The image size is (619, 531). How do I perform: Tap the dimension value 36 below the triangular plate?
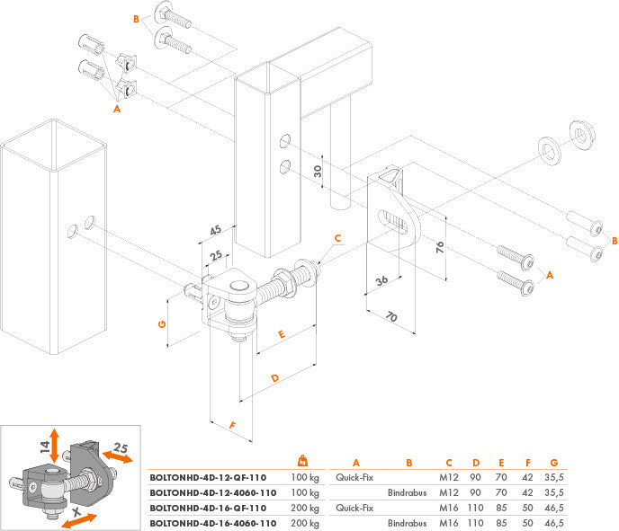(382, 281)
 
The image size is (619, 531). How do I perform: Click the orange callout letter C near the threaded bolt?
(337, 239)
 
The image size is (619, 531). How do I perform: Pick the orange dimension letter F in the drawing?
(231, 424)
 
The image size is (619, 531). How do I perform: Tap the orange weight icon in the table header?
(303, 461)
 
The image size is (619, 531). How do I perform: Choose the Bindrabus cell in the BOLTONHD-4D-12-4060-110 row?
(407, 493)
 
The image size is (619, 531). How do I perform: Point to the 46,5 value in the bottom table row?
(555, 522)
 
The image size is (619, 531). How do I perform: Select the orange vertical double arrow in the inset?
(55, 446)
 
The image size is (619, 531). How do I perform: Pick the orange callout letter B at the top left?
(136, 19)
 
